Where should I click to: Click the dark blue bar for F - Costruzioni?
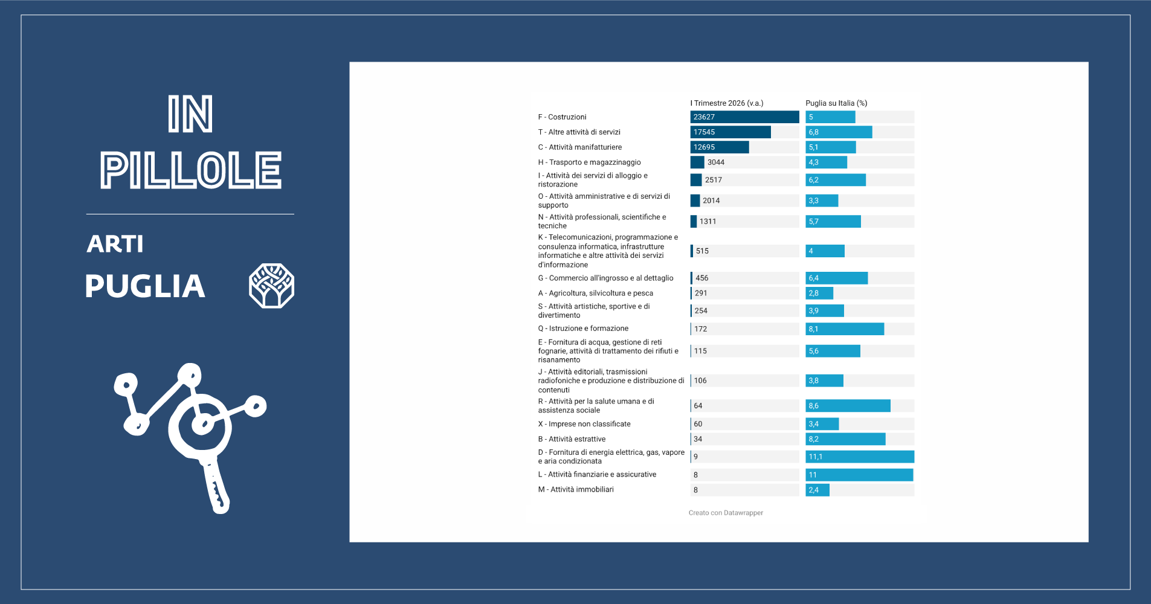click(x=744, y=117)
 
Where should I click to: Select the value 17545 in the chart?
click(x=704, y=132)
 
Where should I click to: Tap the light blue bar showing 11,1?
click(x=860, y=457)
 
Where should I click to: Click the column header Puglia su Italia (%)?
click(x=836, y=103)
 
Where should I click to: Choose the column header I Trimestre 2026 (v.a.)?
click(x=727, y=103)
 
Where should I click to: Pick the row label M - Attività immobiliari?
click(x=576, y=490)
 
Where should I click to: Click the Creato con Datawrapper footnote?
click(x=726, y=513)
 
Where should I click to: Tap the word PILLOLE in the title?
click(x=191, y=170)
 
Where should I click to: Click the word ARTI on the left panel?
click(x=115, y=244)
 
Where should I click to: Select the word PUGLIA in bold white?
click(x=145, y=286)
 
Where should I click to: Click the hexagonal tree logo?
click(x=271, y=286)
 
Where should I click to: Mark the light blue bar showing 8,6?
click(x=848, y=406)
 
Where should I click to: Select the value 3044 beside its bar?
click(x=716, y=162)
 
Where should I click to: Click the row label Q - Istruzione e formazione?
click(x=583, y=329)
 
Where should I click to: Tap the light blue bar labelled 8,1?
click(x=845, y=329)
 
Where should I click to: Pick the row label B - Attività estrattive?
click(x=572, y=439)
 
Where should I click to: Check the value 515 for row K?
click(x=702, y=251)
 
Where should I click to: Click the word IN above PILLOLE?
click(x=190, y=114)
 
